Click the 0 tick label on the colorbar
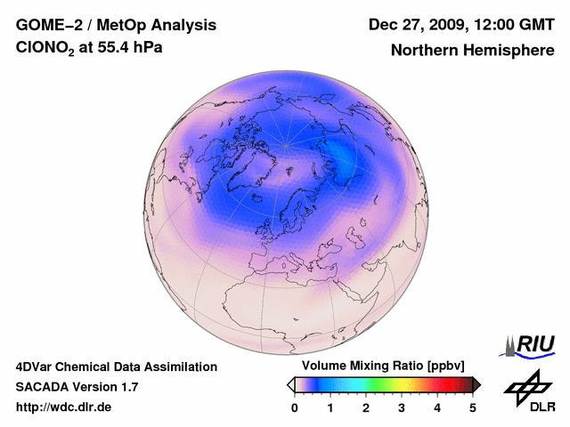[x=295, y=407]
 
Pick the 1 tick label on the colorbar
[x=330, y=407]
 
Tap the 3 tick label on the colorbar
[x=402, y=407]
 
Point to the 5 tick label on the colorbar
[x=473, y=407]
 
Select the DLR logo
[x=529, y=391]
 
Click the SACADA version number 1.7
[x=127, y=387]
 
